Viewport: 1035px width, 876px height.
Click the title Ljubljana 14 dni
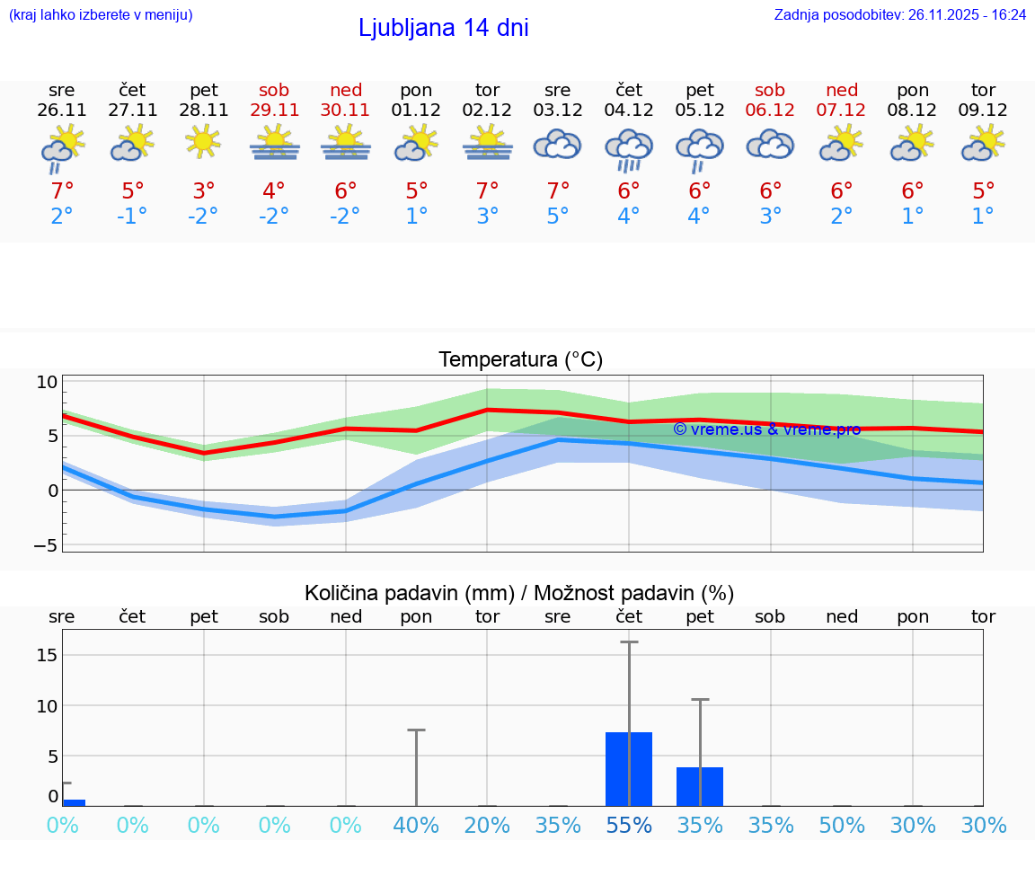point(443,28)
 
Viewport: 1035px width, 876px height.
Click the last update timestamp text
point(900,14)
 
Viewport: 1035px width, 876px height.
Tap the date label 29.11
point(274,111)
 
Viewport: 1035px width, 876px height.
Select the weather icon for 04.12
point(629,149)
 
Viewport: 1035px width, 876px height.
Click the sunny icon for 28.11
point(204,141)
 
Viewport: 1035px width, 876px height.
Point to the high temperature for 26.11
point(62,191)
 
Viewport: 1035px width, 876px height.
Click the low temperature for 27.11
point(132,217)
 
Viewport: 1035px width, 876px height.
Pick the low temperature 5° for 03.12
point(558,217)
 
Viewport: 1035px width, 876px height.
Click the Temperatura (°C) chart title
point(520,360)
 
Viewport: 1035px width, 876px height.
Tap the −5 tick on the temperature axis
point(46,545)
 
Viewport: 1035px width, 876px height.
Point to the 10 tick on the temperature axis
point(47,382)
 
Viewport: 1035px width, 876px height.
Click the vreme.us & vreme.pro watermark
point(766,429)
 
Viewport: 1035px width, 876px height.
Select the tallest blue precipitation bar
point(629,769)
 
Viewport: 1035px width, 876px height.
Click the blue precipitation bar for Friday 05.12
point(700,786)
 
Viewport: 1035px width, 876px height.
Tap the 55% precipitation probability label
point(629,826)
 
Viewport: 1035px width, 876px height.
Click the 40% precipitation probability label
point(417,826)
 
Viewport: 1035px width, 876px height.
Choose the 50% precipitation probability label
point(842,826)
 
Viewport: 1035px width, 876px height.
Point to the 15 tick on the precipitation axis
point(47,655)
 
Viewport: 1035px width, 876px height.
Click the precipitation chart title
point(519,593)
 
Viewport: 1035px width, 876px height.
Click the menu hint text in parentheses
point(101,14)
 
